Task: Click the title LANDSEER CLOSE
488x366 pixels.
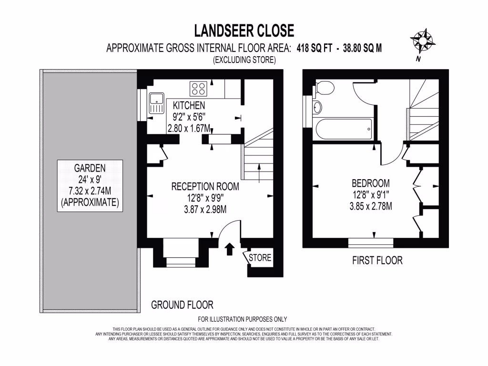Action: coord(244,31)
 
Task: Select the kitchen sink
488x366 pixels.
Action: coord(156,103)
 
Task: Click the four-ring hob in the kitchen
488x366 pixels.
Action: coord(199,88)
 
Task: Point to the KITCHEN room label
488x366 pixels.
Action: coord(189,105)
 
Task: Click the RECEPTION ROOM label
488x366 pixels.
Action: coord(205,187)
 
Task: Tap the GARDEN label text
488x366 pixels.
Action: coord(89,168)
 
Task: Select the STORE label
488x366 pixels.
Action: coord(260,258)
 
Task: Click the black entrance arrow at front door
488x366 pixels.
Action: coord(230,248)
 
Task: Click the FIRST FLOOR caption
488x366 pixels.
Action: coord(377,260)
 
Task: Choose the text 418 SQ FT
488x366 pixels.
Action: coord(314,48)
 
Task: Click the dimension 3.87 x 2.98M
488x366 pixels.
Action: coord(205,209)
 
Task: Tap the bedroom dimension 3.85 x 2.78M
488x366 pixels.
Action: coord(370,206)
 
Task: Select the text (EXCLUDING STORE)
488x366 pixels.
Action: coord(244,60)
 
